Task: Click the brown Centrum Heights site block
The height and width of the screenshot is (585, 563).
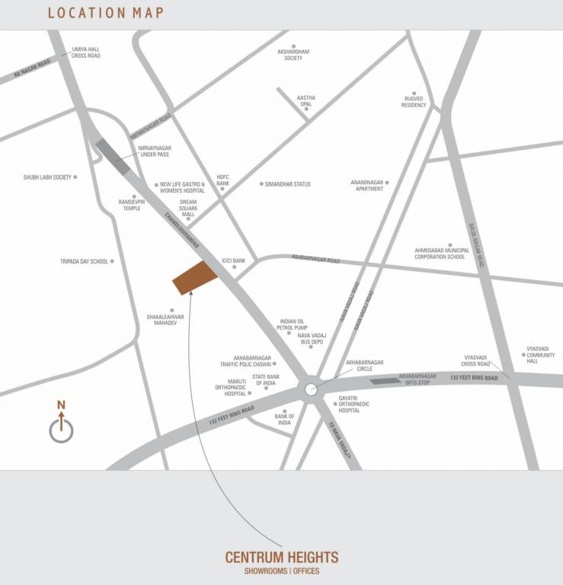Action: [194, 277]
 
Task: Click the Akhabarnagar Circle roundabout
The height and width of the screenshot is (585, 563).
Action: [310, 389]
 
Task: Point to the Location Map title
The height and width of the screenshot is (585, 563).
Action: [105, 13]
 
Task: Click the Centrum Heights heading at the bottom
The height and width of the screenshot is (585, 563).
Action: [281, 558]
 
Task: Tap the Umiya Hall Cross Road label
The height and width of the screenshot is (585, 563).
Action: [85, 53]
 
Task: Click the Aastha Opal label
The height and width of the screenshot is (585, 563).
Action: [305, 101]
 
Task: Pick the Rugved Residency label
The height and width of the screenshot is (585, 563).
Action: [414, 101]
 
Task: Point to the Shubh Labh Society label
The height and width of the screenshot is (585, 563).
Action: [47, 177]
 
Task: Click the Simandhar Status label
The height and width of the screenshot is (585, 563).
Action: [287, 184]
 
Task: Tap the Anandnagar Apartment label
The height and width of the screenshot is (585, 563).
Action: [367, 185]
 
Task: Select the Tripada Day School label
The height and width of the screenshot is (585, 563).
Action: [85, 261]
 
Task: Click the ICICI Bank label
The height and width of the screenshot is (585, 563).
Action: [233, 261]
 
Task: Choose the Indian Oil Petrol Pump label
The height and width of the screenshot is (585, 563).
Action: [292, 325]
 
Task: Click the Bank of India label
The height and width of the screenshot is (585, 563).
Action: [284, 419]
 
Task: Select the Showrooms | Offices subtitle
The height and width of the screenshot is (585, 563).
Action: [281, 571]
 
